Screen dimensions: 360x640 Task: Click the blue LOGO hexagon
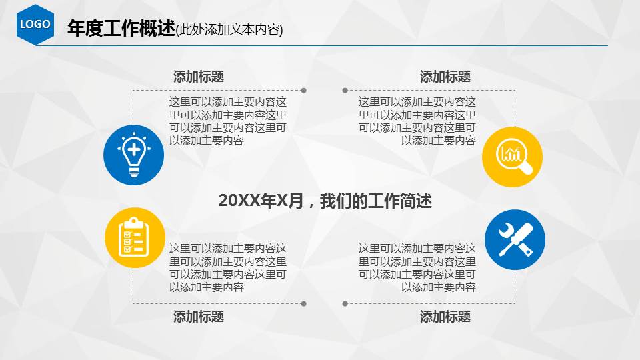pyautogui.click(x=35, y=24)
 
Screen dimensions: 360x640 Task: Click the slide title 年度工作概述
pyautogui.click(x=121, y=29)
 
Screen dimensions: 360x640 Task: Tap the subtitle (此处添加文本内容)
pyautogui.click(x=229, y=30)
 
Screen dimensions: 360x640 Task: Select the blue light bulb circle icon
pyautogui.click(x=133, y=155)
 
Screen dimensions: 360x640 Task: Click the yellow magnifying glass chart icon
pyautogui.click(x=512, y=157)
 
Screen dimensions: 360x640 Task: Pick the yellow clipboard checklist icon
pyautogui.click(x=135, y=237)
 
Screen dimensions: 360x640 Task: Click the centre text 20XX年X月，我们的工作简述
pyautogui.click(x=325, y=201)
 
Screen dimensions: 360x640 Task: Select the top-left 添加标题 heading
pyautogui.click(x=198, y=77)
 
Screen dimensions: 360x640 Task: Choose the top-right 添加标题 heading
pyautogui.click(x=445, y=77)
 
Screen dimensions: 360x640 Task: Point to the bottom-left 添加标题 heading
pyautogui.click(x=198, y=317)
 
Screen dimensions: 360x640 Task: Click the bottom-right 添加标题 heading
pyautogui.click(x=445, y=317)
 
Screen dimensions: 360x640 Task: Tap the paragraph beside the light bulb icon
pyautogui.click(x=228, y=121)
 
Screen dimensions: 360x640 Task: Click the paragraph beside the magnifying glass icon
pyautogui.click(x=417, y=121)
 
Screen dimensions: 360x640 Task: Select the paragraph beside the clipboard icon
pyautogui.click(x=228, y=268)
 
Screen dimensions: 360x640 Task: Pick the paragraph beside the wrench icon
pyautogui.click(x=417, y=268)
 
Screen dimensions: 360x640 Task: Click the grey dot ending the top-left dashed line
pyautogui.click(x=304, y=90)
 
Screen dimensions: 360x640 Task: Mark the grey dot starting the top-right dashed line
pyautogui.click(x=345, y=90)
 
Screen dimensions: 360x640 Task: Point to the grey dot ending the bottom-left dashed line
pyautogui.click(x=304, y=303)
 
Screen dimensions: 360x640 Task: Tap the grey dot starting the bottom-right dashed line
pyautogui.click(x=345, y=303)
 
